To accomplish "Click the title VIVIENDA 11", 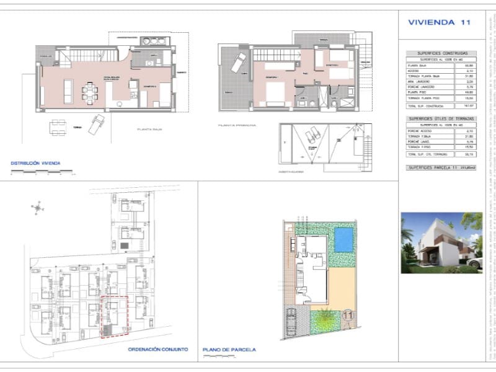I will pyautogui.click(x=439, y=22).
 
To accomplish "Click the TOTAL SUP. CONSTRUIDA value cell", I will pyautogui.click(x=469, y=106).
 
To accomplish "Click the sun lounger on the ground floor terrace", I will pyautogui.click(x=97, y=124).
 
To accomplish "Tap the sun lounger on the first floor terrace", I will pyautogui.click(x=237, y=63).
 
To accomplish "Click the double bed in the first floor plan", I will pyautogui.click(x=274, y=94).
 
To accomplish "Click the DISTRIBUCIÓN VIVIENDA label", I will pyautogui.click(x=36, y=164).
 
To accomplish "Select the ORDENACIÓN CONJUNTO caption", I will pyautogui.click(x=157, y=350).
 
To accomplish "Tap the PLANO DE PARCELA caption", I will pyautogui.click(x=229, y=350).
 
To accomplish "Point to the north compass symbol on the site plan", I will pyautogui.click(x=38, y=208).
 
